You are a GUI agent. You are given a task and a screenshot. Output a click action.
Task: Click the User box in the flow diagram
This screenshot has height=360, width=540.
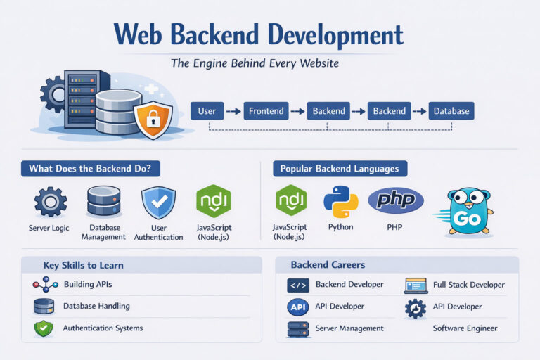(207, 111)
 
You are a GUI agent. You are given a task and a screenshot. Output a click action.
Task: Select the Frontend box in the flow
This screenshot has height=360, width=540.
(266, 111)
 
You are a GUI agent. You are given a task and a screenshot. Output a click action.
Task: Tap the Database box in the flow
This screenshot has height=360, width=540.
(451, 111)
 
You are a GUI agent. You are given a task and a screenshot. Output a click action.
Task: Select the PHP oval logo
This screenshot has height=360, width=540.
(396, 200)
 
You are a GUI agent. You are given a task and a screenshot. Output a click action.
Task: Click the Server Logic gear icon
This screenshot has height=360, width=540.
(51, 202)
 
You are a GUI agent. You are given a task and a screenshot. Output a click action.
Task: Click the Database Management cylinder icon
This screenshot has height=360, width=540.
(103, 201)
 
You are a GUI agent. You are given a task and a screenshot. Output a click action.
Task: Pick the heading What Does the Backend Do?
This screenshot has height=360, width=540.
(90, 169)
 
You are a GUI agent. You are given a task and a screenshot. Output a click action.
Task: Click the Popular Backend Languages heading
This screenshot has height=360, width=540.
(339, 169)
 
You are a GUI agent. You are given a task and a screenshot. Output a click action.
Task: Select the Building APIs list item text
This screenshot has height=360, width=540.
(88, 284)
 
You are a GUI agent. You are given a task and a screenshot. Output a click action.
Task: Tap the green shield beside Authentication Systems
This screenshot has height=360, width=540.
(44, 328)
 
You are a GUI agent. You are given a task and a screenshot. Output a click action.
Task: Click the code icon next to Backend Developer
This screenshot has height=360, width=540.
(298, 285)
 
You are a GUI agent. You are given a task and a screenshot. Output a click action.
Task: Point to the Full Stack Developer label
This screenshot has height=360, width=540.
(468, 285)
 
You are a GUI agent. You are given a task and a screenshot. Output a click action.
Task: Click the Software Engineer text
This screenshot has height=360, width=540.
(465, 328)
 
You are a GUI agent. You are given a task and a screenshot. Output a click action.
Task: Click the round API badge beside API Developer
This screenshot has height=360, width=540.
(298, 307)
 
